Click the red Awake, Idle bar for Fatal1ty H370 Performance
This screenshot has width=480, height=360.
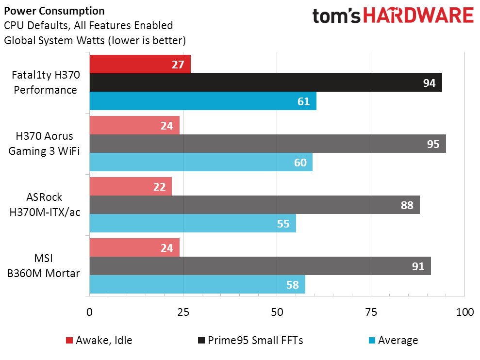[x=140, y=64]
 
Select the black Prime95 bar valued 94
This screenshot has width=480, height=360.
[x=265, y=82]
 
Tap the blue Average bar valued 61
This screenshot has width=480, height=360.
[x=203, y=101]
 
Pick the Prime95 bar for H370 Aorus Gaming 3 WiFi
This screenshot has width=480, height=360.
[x=267, y=144]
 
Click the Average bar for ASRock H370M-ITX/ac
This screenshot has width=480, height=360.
[x=193, y=223]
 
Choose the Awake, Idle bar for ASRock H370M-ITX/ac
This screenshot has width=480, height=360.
[x=131, y=186]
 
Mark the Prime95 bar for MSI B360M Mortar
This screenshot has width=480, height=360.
[x=260, y=266]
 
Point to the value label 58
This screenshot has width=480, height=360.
[x=293, y=284]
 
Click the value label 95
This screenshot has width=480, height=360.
[x=433, y=144]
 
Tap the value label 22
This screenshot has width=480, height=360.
[x=160, y=187]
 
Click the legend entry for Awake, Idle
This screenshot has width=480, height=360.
[x=99, y=340]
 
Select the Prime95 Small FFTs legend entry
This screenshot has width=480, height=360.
[x=250, y=340]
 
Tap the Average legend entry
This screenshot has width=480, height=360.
[x=392, y=340]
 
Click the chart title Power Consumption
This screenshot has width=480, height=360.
[x=54, y=11]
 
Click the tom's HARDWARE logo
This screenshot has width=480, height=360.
[x=393, y=16]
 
